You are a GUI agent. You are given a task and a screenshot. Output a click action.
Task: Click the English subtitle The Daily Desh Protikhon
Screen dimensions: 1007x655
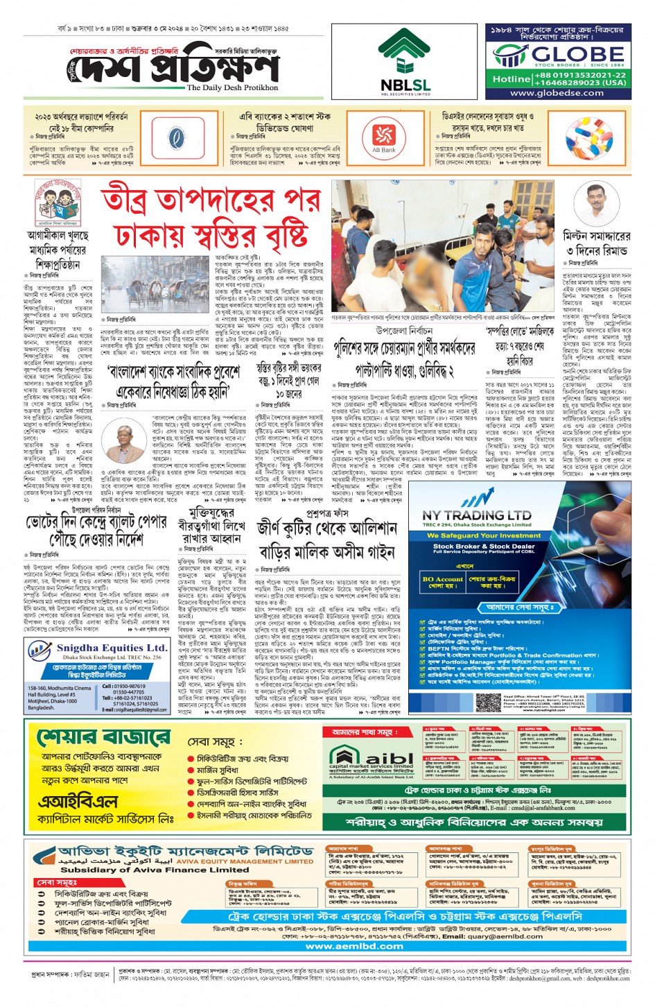click(x=233, y=88)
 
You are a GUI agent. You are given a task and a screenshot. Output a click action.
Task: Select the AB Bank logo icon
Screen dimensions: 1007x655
click(x=383, y=136)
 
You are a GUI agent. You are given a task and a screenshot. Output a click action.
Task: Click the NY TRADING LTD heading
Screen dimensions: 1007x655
click(x=477, y=515)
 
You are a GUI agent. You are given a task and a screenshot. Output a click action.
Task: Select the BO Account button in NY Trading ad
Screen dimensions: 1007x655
click(x=442, y=582)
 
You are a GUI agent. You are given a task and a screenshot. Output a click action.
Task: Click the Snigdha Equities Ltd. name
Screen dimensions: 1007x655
click(x=109, y=648)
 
